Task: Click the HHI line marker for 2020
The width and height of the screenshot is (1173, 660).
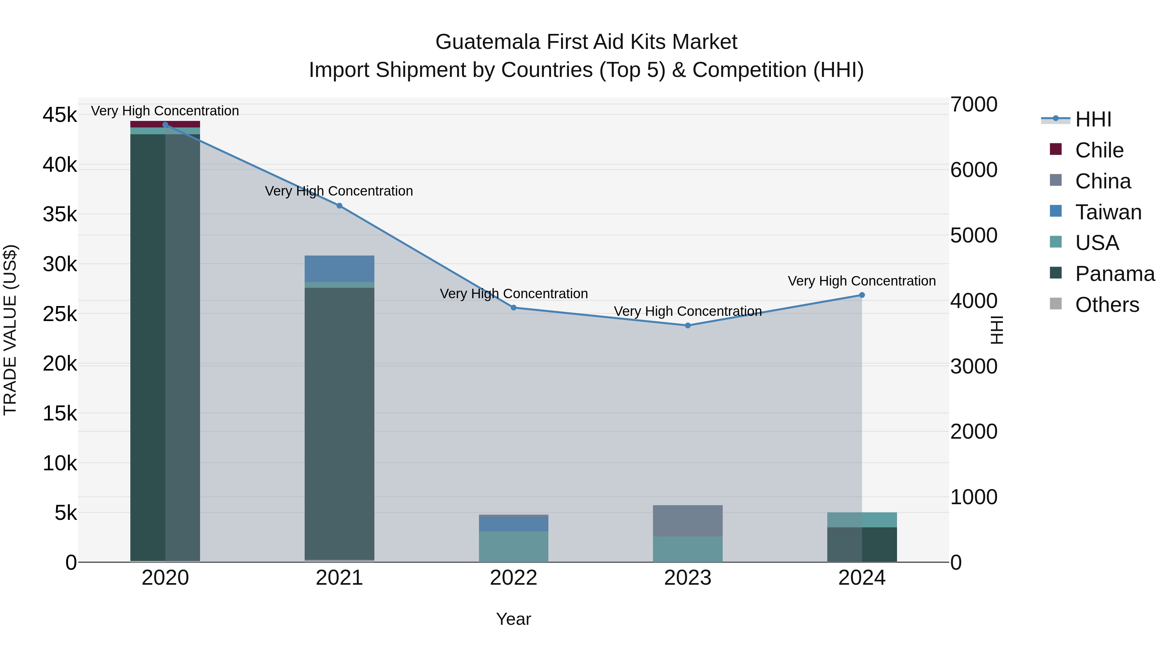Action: point(165,125)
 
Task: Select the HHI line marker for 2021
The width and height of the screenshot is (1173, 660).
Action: point(339,206)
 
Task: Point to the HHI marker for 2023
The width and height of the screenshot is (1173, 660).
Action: point(688,325)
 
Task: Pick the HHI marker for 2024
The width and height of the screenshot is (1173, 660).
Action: point(862,295)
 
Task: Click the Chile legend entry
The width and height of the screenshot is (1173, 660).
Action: point(1099,150)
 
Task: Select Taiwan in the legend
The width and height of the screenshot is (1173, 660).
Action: point(1108,212)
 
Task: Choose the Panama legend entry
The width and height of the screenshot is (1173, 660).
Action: point(1114,274)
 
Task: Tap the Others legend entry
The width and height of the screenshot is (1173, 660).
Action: point(1107,305)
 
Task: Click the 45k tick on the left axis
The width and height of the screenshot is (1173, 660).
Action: point(60,115)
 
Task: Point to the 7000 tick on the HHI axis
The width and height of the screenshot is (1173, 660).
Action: point(974,104)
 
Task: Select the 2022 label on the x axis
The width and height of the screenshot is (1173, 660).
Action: point(513,578)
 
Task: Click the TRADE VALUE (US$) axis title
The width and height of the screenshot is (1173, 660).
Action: point(10,330)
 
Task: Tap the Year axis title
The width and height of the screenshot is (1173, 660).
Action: point(513,619)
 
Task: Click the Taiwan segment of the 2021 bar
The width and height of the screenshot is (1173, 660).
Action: point(339,269)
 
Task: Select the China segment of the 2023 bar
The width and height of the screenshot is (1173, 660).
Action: point(688,521)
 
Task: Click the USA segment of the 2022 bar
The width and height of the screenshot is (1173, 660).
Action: point(513,546)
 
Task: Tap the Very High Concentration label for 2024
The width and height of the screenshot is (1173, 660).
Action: point(862,281)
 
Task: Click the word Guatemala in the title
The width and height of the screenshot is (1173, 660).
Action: point(488,42)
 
